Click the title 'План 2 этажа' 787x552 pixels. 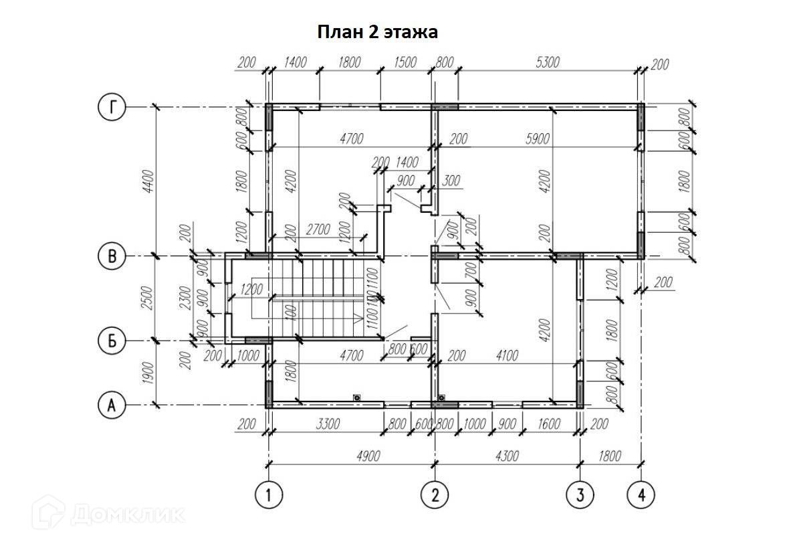(x=377, y=31)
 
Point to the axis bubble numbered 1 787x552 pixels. (x=269, y=495)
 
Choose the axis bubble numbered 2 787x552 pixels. (x=435, y=495)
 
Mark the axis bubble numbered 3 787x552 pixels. (x=579, y=495)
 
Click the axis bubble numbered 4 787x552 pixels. (x=641, y=495)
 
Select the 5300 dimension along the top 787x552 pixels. (x=546, y=62)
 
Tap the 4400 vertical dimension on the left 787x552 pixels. (x=148, y=181)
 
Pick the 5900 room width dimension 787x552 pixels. (x=537, y=139)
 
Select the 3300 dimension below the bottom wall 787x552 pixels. (x=328, y=424)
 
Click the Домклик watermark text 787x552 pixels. (x=127, y=513)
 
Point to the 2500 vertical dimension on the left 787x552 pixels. (x=148, y=299)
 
